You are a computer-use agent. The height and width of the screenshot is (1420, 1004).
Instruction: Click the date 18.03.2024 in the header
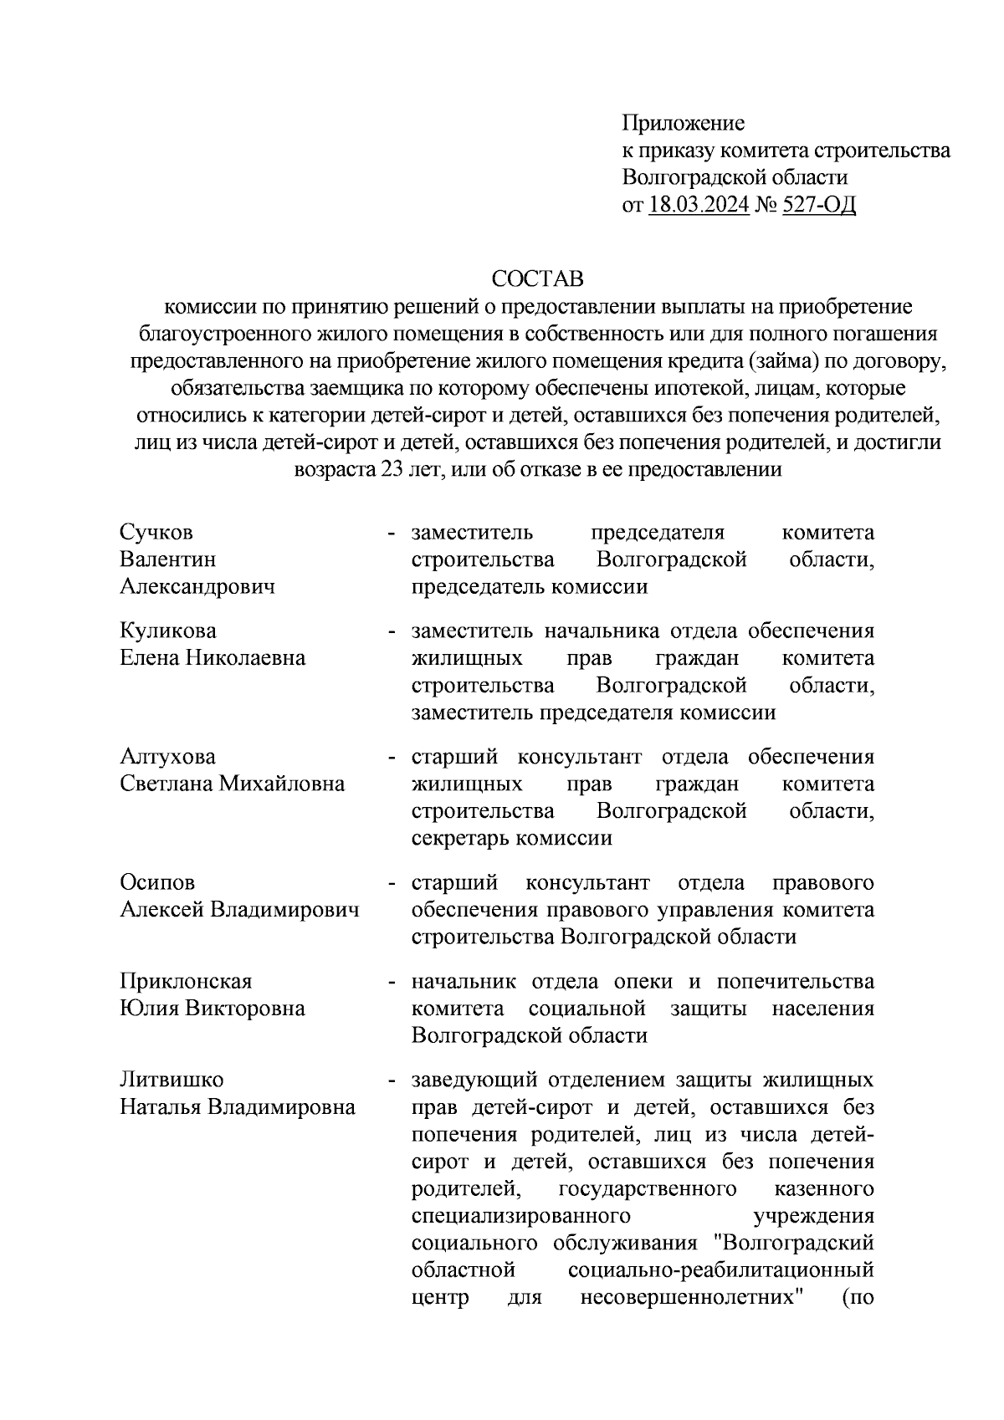point(698,205)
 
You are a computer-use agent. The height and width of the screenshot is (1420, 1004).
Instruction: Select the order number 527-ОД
point(819,205)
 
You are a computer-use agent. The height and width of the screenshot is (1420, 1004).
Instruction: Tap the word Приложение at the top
point(683,124)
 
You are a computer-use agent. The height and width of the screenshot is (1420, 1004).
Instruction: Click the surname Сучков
point(156,533)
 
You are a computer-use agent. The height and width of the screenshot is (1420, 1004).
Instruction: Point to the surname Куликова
point(168,631)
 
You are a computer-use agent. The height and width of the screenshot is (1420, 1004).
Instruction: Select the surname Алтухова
point(167,757)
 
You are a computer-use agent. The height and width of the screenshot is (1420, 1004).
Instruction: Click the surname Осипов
point(157,883)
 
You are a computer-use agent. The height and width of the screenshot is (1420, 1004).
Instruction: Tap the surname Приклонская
point(186,981)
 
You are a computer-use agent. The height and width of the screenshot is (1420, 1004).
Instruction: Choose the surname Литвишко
point(172,1080)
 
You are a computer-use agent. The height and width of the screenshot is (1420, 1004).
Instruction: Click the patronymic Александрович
point(197,587)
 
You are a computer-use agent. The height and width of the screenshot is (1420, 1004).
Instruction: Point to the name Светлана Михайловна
point(232,784)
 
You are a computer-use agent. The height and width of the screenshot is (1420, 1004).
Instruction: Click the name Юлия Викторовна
point(213,1009)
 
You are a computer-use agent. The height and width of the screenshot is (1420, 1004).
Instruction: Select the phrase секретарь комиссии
point(511,839)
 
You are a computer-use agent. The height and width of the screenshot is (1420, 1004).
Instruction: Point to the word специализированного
point(520,1217)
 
